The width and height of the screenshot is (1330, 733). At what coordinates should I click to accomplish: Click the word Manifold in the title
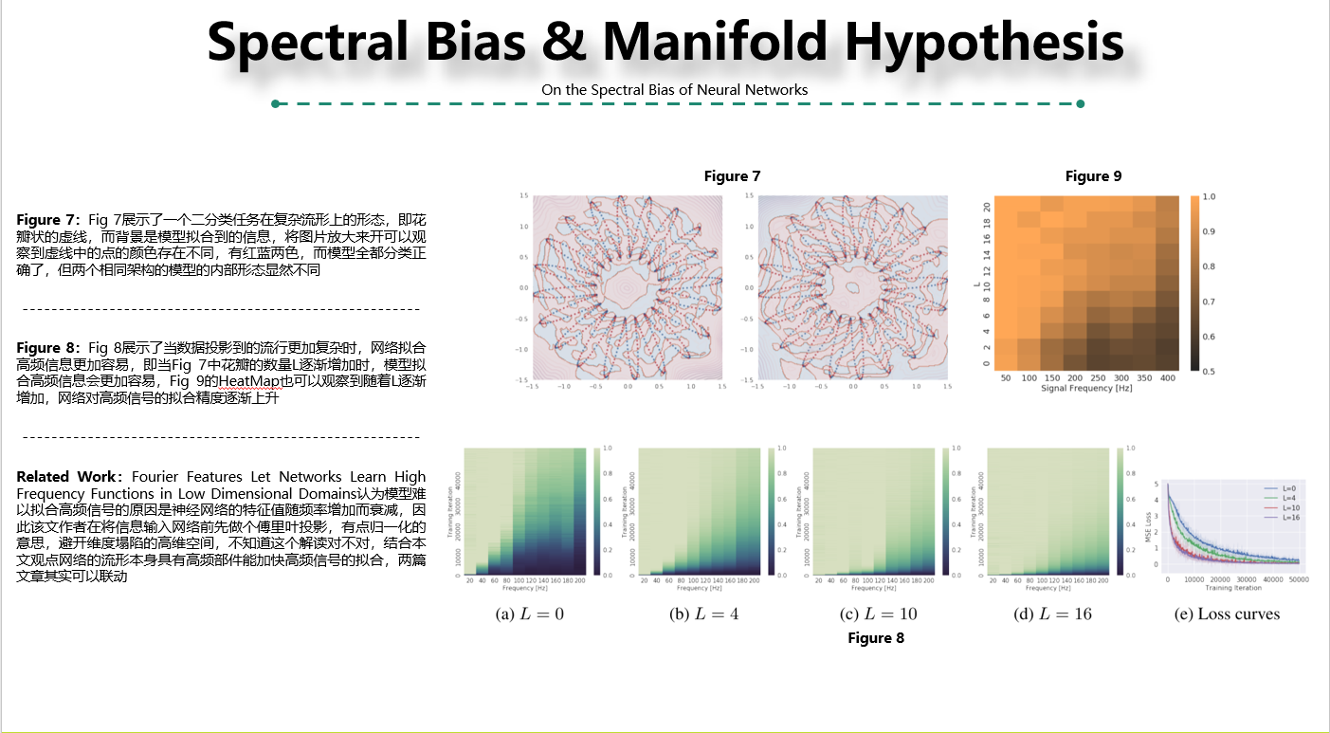(715, 42)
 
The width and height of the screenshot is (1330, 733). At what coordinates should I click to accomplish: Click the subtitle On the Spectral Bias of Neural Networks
(674, 90)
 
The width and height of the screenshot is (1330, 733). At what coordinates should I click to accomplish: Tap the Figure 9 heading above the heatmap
(1093, 176)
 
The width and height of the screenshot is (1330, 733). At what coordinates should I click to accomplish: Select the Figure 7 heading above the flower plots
(732, 176)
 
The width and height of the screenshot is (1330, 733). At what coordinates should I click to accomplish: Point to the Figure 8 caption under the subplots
(876, 638)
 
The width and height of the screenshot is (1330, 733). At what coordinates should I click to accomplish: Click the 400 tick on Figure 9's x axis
(1167, 377)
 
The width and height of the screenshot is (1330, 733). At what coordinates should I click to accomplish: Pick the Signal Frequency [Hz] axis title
(1086, 389)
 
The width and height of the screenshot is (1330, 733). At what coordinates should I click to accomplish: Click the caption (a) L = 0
(530, 614)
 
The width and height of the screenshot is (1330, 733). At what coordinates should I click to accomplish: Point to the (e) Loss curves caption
(1227, 614)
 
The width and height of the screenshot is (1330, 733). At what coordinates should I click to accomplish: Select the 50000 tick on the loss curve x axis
(1298, 578)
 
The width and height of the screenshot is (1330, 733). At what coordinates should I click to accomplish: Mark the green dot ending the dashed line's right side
(1081, 103)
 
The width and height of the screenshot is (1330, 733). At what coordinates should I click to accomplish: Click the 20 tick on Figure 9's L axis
(987, 207)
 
